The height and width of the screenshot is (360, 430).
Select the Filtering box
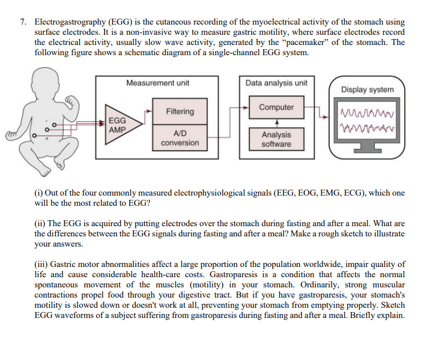[180, 112]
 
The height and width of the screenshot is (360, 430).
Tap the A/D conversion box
[180, 138]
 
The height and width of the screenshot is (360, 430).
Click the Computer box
[276, 107]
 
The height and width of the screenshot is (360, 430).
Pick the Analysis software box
[276, 139]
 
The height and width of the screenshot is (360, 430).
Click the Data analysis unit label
[276, 83]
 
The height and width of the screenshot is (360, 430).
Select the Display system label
[368, 89]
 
